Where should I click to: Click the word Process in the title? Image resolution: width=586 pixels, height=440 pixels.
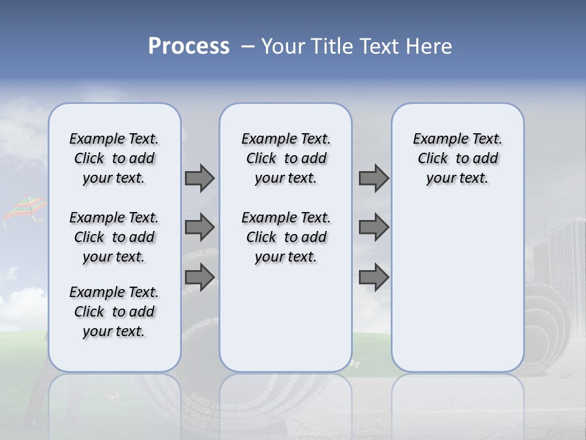pyautogui.click(x=189, y=46)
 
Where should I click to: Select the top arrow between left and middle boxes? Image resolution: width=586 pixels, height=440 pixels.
pyautogui.click(x=200, y=178)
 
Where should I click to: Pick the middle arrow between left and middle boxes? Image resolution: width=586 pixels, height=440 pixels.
pyautogui.click(x=200, y=227)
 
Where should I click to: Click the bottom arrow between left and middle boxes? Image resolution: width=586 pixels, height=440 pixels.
pyautogui.click(x=200, y=277)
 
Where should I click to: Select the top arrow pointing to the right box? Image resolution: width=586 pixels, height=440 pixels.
pyautogui.click(x=374, y=178)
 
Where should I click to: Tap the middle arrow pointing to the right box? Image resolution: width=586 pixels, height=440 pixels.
pyautogui.click(x=374, y=227)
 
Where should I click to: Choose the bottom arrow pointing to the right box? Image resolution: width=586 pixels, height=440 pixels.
pyautogui.click(x=374, y=277)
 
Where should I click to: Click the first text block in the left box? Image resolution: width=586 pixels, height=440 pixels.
pyautogui.click(x=114, y=158)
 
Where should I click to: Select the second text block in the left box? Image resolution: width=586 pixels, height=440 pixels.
pyautogui.click(x=114, y=237)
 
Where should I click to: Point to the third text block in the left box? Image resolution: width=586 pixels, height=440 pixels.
pyautogui.click(x=114, y=312)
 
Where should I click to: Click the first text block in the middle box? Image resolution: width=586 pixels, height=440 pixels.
pyautogui.click(x=286, y=158)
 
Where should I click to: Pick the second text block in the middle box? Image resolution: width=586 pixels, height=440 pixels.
pyautogui.click(x=286, y=237)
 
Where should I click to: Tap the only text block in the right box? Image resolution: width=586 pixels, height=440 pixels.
pyautogui.click(x=457, y=158)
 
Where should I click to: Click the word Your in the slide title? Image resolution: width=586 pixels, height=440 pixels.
pyautogui.click(x=283, y=46)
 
